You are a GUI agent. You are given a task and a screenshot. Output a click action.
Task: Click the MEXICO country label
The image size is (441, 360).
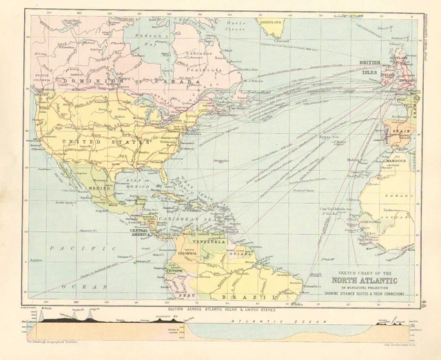point(100,187)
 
